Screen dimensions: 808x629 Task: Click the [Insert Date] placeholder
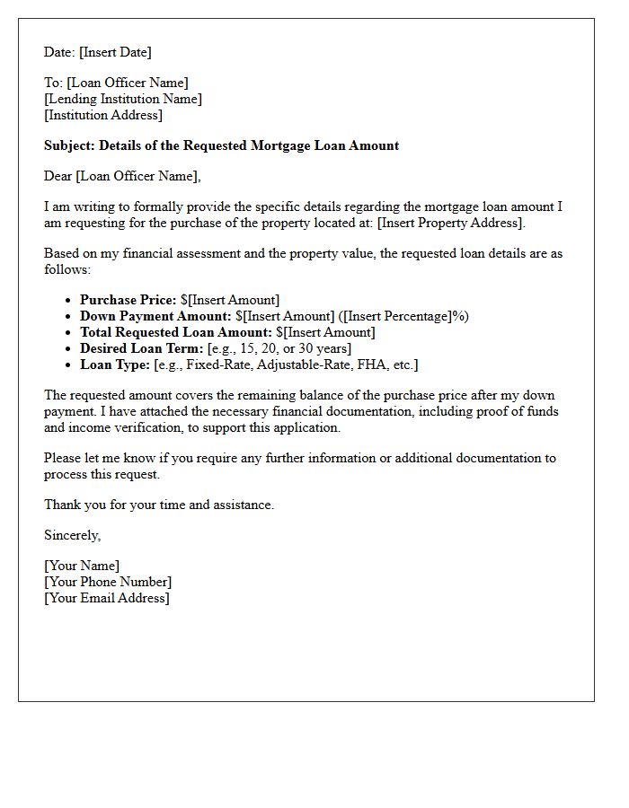(x=115, y=52)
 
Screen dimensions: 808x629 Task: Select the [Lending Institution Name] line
(x=123, y=99)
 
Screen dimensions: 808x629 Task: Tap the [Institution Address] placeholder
(x=103, y=115)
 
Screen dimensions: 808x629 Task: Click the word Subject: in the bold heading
(x=70, y=145)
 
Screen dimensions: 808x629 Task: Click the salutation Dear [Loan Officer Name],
(x=122, y=176)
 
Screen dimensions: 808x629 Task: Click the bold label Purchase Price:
(x=128, y=300)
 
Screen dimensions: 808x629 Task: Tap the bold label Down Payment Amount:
(x=155, y=316)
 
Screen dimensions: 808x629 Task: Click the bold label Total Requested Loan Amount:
(x=175, y=332)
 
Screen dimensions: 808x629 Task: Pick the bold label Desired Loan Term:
(x=141, y=348)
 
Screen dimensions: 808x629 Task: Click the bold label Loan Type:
(x=115, y=364)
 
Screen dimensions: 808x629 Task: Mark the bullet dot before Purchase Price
(x=68, y=301)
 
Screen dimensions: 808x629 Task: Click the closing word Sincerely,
(x=73, y=535)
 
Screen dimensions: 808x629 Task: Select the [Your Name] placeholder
(x=82, y=566)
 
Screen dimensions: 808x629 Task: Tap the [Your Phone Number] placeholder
(x=108, y=582)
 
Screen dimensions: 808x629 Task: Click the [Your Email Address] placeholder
(x=106, y=598)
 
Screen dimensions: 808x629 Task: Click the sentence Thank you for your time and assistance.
(x=159, y=505)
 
